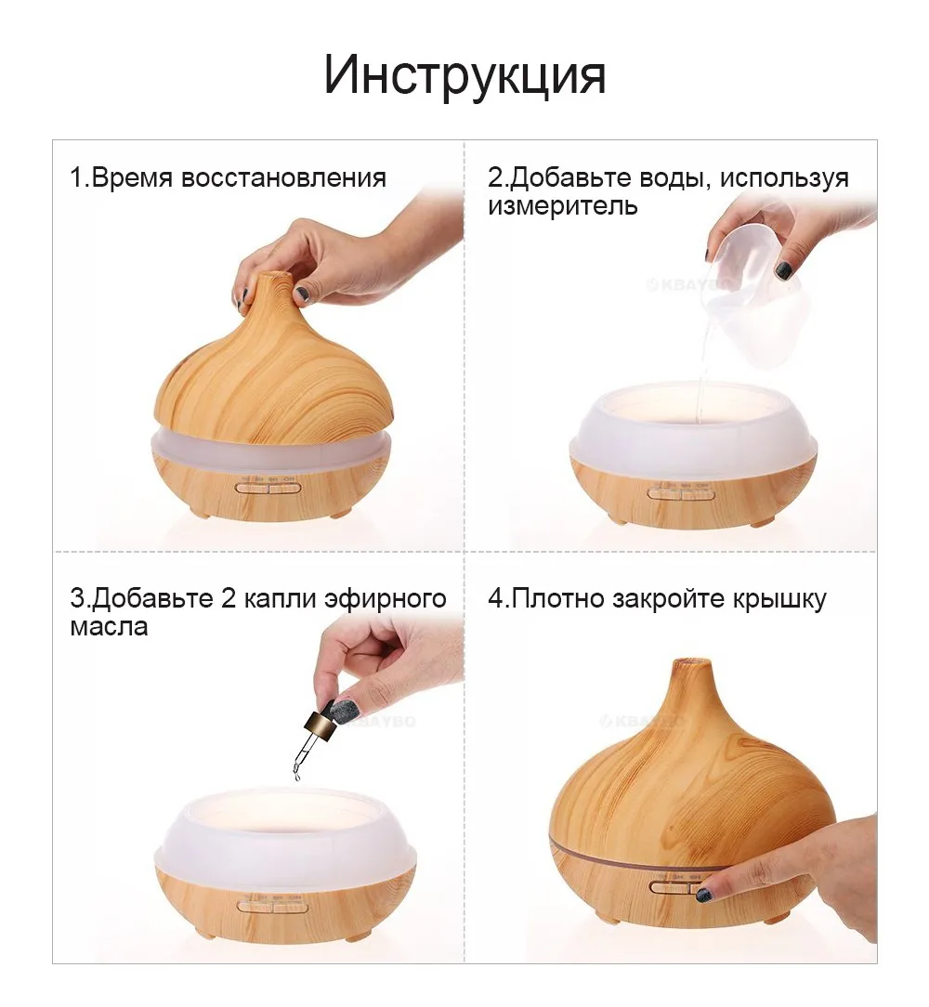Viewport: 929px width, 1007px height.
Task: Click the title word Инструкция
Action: (x=464, y=75)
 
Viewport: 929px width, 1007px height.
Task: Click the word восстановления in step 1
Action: (x=283, y=178)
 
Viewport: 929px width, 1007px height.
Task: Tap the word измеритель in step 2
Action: (x=563, y=206)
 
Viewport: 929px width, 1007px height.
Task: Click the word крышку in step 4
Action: (x=779, y=598)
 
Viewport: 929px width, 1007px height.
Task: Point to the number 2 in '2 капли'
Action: (x=229, y=598)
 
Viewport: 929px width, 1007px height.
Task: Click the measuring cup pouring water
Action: (x=752, y=279)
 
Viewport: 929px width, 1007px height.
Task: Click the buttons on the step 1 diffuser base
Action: (x=268, y=487)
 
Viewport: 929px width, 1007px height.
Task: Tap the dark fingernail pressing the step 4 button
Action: (x=704, y=895)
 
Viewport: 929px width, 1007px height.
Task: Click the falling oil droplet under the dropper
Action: (x=297, y=777)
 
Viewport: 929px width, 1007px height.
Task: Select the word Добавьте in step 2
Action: (x=573, y=178)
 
